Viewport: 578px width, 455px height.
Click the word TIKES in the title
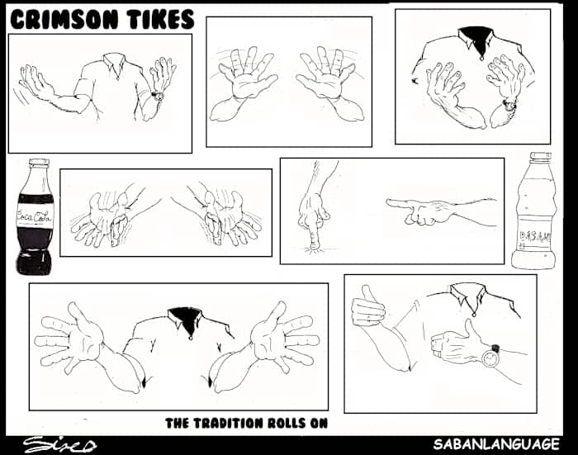[158, 18]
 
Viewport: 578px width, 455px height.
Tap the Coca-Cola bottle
[34, 219]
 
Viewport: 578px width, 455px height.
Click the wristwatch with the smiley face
[491, 357]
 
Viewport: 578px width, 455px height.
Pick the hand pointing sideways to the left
[413, 211]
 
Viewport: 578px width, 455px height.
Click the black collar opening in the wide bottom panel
[182, 317]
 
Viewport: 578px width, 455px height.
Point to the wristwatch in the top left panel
[157, 96]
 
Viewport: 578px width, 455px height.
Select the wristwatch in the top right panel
[510, 104]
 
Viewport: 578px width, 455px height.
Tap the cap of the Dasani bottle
[540, 156]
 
